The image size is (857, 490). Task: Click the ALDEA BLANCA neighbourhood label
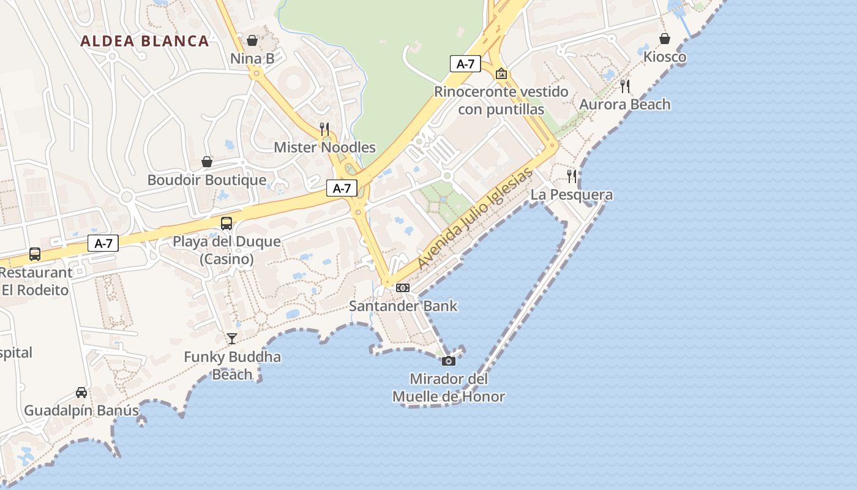[x=144, y=41]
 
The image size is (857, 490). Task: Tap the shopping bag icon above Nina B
[x=252, y=40]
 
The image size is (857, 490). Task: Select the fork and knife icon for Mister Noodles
[x=324, y=129]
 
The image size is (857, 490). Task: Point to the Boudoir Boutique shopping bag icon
[x=207, y=162]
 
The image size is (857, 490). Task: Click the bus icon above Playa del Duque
[x=226, y=223]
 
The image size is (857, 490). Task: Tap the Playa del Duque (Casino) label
[x=226, y=250]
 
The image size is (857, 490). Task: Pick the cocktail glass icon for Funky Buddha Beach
[x=232, y=338]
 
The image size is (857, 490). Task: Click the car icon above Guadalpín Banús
[x=81, y=392]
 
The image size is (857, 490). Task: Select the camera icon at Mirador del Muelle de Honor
[x=449, y=361]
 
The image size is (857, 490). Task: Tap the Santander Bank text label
[x=403, y=306]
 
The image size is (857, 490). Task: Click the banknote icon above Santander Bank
[x=402, y=287]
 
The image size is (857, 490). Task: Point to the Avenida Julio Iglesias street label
[x=475, y=219]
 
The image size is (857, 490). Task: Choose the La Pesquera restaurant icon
[x=572, y=176]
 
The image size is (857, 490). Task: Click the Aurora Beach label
[x=625, y=105]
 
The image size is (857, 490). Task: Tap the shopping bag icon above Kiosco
[x=665, y=39]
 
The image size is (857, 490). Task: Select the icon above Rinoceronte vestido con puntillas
[x=501, y=73]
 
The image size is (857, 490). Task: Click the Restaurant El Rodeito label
[x=36, y=281]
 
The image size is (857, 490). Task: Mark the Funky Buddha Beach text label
[x=233, y=366]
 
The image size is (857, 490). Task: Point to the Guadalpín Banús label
[x=81, y=410]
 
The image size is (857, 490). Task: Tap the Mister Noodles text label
[x=324, y=147]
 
